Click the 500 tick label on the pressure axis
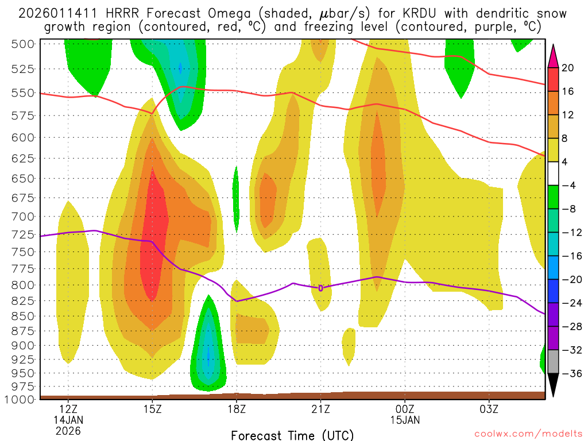24,44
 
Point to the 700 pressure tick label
24,216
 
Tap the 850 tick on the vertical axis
24,316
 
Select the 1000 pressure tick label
20,399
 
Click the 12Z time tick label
68,409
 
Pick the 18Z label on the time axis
237,409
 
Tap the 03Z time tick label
489,409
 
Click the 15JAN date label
405,420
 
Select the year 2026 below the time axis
68,430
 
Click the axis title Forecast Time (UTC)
292,435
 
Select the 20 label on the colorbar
568,68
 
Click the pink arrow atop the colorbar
554,56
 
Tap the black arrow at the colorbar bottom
554,385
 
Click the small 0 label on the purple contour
320,288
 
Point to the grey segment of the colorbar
554,361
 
